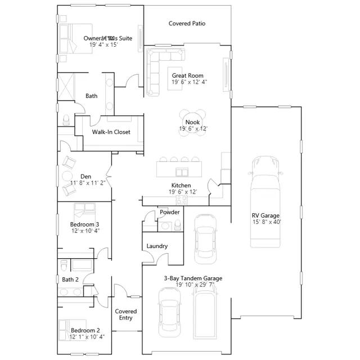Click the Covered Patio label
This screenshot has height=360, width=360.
[187, 24]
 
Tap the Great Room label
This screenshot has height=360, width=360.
[187, 75]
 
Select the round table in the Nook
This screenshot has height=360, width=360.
[192, 123]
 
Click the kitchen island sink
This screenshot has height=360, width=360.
[182, 172]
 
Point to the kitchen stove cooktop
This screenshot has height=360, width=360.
[182, 200]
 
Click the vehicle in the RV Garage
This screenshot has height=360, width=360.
[265, 202]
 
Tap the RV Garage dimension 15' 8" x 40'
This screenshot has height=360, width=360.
[267, 222]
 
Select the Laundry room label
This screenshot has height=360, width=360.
[157, 246]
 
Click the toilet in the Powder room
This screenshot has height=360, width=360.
[178, 225]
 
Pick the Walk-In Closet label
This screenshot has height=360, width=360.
[111, 132]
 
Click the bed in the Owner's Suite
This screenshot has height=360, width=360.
[76, 39]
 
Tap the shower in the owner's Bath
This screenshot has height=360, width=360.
[66, 87]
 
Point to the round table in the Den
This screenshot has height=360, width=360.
[67, 176]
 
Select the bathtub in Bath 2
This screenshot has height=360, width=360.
[82, 265]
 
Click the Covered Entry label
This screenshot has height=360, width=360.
[126, 314]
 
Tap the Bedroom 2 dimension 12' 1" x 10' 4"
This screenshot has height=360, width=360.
[87, 337]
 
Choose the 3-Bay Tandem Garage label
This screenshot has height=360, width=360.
[193, 278]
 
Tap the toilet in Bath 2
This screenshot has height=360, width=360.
[64, 265]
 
